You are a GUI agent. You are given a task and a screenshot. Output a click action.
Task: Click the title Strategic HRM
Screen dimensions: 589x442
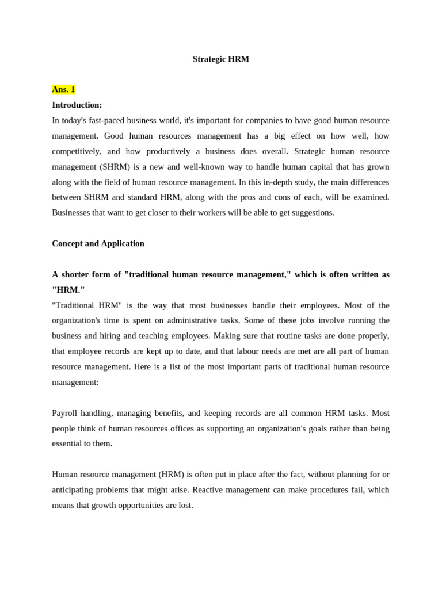point(220,59)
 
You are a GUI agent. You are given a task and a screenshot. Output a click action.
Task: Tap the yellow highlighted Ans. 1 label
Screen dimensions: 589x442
point(63,90)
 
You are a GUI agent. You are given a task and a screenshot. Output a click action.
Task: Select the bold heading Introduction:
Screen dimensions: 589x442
point(77,105)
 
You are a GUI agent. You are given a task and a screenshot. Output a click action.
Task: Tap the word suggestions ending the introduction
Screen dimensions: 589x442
point(312,213)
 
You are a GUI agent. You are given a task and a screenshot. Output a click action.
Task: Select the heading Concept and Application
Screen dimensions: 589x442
point(98,244)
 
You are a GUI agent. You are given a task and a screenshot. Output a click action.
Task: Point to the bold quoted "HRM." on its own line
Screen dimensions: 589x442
point(68,290)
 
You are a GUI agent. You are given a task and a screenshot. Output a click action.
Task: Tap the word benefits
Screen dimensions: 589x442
point(168,414)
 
